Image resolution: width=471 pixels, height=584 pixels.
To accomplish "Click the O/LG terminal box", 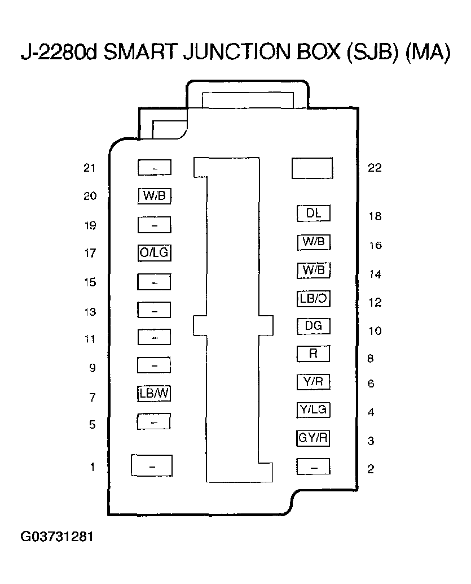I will click(154, 253).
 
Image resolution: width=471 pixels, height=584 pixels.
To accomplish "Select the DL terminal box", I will click(313, 213).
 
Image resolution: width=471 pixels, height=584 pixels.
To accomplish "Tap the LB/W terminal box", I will click(154, 393).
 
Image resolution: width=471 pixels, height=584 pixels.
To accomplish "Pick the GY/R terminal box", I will click(313, 437).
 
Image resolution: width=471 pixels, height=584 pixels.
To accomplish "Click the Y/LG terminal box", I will click(313, 409).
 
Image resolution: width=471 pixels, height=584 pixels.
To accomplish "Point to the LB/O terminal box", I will click(313, 298).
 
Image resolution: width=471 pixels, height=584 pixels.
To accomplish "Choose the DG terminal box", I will click(313, 326).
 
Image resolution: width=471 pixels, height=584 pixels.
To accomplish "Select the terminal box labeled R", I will click(313, 354).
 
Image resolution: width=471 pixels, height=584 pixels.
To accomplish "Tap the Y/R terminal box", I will click(313, 382).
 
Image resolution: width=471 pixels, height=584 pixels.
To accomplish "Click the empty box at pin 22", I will click(312, 168).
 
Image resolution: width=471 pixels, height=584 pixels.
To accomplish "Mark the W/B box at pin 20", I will click(154, 196).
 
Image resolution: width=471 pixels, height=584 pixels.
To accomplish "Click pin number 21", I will click(90, 168).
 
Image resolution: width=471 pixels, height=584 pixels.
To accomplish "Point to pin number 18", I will click(375, 216).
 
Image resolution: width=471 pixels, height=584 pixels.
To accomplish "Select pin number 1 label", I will click(93, 467).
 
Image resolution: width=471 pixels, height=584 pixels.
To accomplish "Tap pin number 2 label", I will click(371, 469).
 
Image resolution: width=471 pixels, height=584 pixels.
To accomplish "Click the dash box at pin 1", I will click(151, 466).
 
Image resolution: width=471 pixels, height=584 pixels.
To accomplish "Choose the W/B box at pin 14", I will click(313, 270).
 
